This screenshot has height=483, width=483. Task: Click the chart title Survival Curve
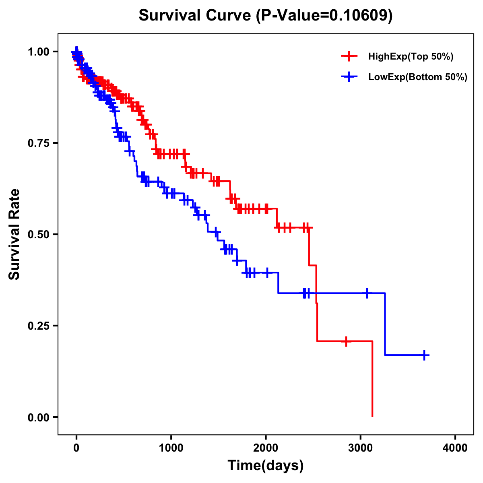coord(265,15)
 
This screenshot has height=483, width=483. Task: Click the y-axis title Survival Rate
coord(14,234)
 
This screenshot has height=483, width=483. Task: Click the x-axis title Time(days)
coord(265,466)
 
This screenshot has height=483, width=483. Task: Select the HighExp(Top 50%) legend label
coord(411,57)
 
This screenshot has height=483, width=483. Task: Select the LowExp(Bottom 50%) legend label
coord(418,77)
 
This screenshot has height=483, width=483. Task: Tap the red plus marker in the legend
coord(349,56)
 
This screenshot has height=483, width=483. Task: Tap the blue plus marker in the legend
coord(349,77)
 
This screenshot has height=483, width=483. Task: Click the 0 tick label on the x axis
coord(76,448)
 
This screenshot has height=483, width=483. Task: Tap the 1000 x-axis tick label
coord(171,448)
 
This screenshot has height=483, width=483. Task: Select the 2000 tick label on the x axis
coord(266,448)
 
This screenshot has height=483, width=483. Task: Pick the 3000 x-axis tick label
coord(361,448)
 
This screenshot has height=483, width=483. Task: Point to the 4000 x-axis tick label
coord(455,448)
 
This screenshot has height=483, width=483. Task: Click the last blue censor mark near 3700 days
coord(424,355)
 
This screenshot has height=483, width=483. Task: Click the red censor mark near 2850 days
coord(346,341)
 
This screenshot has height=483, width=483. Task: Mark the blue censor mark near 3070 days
coord(367,293)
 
